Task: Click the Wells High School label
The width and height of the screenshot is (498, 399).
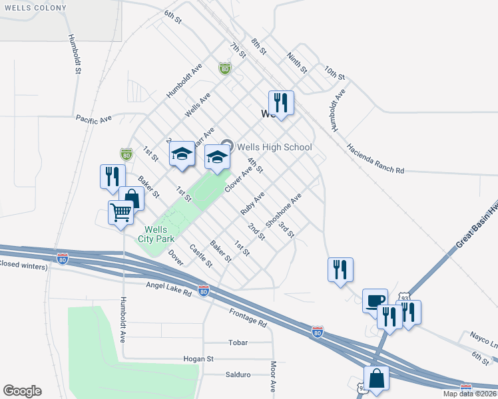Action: (274, 147)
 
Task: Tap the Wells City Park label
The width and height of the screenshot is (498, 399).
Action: (157, 233)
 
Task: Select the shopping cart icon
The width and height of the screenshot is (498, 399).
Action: (121, 213)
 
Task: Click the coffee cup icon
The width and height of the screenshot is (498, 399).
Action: (375, 300)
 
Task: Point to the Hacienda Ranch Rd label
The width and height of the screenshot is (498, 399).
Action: (375, 158)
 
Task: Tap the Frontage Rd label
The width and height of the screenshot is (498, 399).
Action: (248, 317)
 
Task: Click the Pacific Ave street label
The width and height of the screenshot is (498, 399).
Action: (94, 119)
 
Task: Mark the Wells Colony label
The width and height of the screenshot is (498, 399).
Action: (34, 8)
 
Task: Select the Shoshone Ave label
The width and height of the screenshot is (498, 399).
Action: (284, 209)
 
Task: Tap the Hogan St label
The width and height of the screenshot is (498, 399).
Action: (198, 358)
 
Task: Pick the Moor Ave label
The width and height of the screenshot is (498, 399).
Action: (273, 376)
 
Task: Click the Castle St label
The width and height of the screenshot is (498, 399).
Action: (200, 256)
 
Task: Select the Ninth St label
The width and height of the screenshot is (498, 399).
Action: (297, 63)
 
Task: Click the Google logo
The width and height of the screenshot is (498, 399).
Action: (22, 391)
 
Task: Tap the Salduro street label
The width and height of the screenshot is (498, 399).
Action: (238, 374)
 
